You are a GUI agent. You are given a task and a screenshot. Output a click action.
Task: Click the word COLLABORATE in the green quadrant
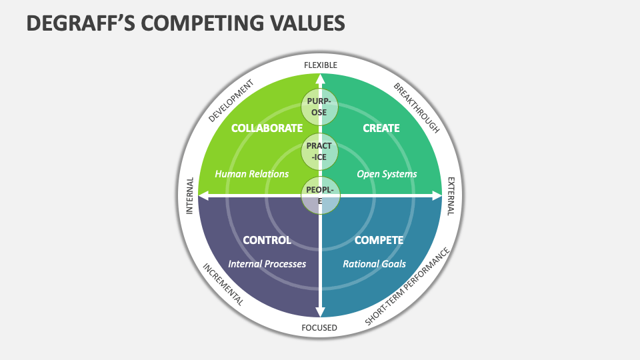(x=267, y=128)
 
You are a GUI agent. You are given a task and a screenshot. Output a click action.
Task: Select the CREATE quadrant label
(x=381, y=128)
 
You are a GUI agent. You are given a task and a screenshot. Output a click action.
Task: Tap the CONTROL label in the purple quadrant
(x=267, y=240)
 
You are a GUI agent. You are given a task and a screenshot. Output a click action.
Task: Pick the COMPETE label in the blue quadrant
(x=379, y=240)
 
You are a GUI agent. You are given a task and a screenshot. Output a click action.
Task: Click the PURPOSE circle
(x=320, y=107)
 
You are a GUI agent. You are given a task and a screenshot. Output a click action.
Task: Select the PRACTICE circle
(x=320, y=151)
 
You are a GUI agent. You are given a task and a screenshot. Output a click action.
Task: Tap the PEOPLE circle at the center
(x=320, y=195)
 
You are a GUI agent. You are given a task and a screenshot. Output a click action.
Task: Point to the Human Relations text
(x=252, y=174)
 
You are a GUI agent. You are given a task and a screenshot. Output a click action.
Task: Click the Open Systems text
(x=387, y=174)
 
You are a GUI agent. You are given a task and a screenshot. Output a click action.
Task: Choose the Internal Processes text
(x=267, y=264)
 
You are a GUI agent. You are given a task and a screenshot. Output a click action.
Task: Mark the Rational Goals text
(x=374, y=264)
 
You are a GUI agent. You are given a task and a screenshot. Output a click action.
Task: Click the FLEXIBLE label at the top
(x=321, y=65)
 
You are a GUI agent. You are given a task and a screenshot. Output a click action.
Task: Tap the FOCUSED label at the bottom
(x=320, y=328)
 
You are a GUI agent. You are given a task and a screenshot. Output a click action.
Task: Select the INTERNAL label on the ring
(x=189, y=195)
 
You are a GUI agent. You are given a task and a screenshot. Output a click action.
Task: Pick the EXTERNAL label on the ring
(x=451, y=196)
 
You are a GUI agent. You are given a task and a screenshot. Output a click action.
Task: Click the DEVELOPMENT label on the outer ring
(x=231, y=101)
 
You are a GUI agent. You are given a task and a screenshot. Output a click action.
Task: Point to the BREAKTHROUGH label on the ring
(x=417, y=108)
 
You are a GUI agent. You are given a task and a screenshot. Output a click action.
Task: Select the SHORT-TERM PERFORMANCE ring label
(x=408, y=287)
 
